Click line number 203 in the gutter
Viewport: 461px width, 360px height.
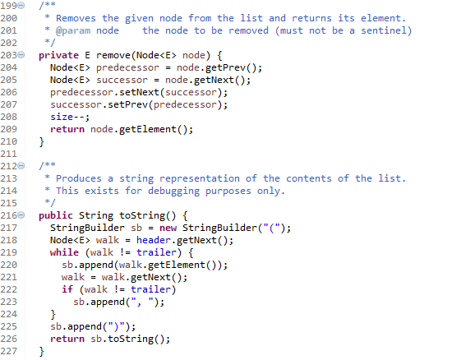(8, 55)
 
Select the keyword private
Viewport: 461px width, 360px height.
(58, 55)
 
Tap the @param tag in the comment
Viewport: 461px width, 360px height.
(73, 30)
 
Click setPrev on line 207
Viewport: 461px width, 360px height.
(127, 104)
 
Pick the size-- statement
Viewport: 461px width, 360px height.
(70, 117)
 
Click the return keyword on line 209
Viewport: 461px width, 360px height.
(67, 129)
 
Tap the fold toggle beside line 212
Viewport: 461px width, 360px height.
(21, 166)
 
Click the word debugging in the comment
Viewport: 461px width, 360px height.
(173, 192)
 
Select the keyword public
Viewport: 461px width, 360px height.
(56, 215)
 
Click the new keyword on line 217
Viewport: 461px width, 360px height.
(168, 228)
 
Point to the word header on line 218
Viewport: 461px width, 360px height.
(153, 240)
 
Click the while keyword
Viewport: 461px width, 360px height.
(64, 252)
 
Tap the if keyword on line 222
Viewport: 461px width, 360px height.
(67, 289)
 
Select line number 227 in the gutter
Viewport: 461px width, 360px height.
(8, 351)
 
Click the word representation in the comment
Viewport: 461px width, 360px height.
(200, 179)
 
